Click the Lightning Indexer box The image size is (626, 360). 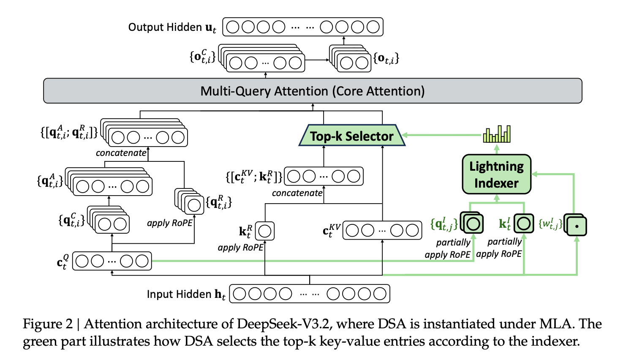pos(496,174)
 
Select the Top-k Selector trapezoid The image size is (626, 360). pos(352,136)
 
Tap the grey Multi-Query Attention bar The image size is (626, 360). pos(313,91)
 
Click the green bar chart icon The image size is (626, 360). pos(497,134)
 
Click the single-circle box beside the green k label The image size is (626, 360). pos(524,223)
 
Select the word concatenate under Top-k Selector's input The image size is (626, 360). pos(297,193)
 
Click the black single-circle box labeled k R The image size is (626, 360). pos(265,231)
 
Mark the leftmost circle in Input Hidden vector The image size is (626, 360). pos(239,294)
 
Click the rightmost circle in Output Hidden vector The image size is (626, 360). pos(373,27)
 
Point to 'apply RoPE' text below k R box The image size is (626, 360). pos(240,248)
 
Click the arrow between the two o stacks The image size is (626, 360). pos(317,60)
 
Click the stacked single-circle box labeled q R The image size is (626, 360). pos(193,205)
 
